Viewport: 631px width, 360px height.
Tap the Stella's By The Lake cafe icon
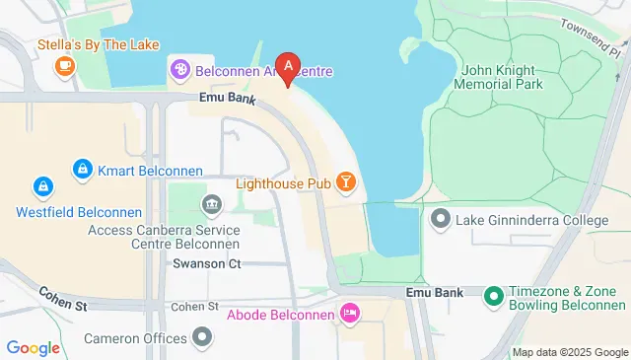pyautogui.click(x=64, y=66)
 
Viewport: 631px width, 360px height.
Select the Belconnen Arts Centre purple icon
pyautogui.click(x=180, y=69)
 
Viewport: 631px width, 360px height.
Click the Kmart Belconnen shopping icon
pyautogui.click(x=83, y=170)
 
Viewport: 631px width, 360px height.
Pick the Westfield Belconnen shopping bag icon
pyautogui.click(x=42, y=185)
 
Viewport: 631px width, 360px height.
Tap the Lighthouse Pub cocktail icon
pyautogui.click(x=346, y=181)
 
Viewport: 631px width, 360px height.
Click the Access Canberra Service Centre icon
pyautogui.click(x=211, y=205)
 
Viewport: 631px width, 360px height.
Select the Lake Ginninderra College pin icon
pyautogui.click(x=440, y=218)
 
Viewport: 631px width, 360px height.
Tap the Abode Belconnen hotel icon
pyautogui.click(x=349, y=315)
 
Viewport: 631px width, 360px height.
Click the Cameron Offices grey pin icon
pyautogui.click(x=203, y=338)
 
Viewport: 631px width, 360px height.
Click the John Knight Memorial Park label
pyautogui.click(x=502, y=77)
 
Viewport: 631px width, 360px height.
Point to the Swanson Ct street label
pyautogui.click(x=206, y=263)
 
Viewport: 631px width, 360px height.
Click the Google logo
pyautogui.click(x=34, y=347)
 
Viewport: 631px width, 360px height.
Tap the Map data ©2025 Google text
pyautogui.click(x=570, y=352)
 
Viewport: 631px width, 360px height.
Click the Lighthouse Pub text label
pyautogui.click(x=284, y=182)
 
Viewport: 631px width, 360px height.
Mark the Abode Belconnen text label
pyautogui.click(x=282, y=316)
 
